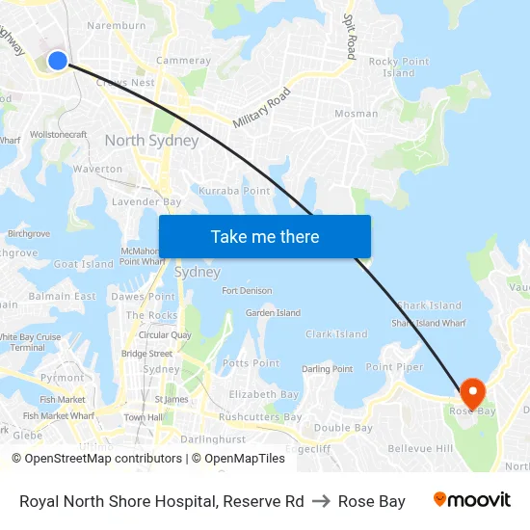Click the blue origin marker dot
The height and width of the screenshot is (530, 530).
[57, 61]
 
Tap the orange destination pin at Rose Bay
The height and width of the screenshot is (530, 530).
[472, 391]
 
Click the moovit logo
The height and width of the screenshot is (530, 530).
[472, 500]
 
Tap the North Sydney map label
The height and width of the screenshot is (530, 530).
[151, 141]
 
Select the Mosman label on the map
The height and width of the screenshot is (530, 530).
[356, 114]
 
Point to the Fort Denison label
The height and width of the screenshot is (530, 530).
[247, 291]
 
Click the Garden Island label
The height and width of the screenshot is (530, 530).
[273, 313]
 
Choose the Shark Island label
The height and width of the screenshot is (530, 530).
[429, 305]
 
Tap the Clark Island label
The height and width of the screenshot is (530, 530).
[336, 334]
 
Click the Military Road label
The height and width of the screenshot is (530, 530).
[261, 109]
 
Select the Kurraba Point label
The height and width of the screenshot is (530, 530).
[234, 191]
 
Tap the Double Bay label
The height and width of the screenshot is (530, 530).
[343, 428]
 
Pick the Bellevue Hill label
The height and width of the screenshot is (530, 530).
[419, 449]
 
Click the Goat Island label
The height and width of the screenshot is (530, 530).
[83, 264]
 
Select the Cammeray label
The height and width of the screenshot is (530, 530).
[183, 61]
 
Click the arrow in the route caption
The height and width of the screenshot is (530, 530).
[321, 501]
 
